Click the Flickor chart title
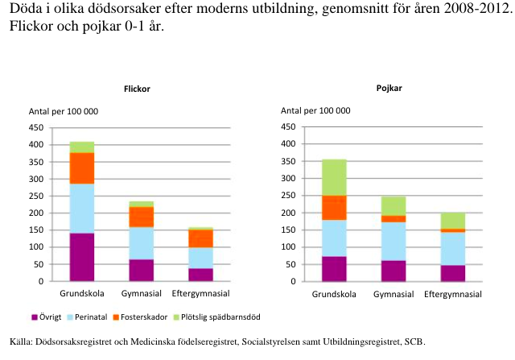pyautogui.click(x=137, y=89)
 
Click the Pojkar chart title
pyautogui.click(x=390, y=86)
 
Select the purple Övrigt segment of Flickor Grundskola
pyautogui.click(x=82, y=257)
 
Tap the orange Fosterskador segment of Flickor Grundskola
pyautogui.click(x=82, y=168)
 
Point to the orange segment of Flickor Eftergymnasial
pyautogui.click(x=201, y=238)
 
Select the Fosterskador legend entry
pyautogui.click(x=150, y=317)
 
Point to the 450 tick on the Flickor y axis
pyautogui.click(x=37, y=127)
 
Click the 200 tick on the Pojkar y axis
pyautogui.click(x=287, y=213)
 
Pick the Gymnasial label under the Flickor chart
pyautogui.click(x=142, y=293)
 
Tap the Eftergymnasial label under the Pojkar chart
pyautogui.click(x=452, y=293)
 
